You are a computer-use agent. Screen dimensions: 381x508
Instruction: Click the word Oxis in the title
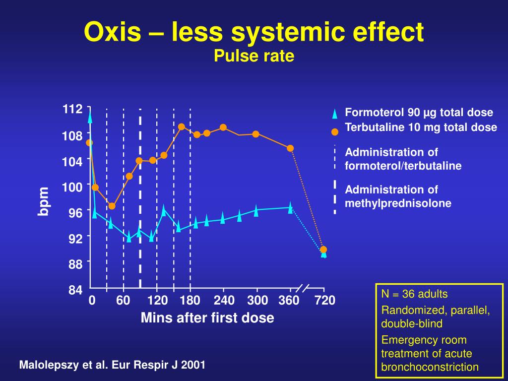pos(114,33)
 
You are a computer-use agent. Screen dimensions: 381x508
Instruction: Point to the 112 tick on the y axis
pos(72,109)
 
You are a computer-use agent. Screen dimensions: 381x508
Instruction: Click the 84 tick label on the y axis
pos(75,290)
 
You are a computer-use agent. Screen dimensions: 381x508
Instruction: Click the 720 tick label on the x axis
pos(324,301)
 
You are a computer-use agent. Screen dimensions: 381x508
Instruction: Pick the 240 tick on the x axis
pos(224,301)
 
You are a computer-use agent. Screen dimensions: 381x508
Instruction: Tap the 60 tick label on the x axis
pos(123,301)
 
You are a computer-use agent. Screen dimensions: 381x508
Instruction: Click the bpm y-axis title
pos(44,201)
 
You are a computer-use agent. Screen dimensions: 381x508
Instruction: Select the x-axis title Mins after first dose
pos(207,317)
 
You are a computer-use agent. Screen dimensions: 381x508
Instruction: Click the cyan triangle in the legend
pos(335,114)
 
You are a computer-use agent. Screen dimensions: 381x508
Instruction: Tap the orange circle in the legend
pos(335,132)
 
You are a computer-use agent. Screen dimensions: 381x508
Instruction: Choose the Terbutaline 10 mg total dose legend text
pos(421,127)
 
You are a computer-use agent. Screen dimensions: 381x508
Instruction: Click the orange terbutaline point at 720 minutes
pos(323,250)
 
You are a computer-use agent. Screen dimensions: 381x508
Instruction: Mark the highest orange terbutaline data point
pos(182,127)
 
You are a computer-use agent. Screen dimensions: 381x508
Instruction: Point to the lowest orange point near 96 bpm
pos(112,206)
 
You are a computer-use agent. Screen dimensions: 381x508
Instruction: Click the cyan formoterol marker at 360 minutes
pos(290,208)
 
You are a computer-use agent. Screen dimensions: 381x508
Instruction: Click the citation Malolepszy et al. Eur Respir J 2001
pos(112,365)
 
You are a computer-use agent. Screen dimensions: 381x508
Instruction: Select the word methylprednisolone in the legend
pos(398,203)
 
